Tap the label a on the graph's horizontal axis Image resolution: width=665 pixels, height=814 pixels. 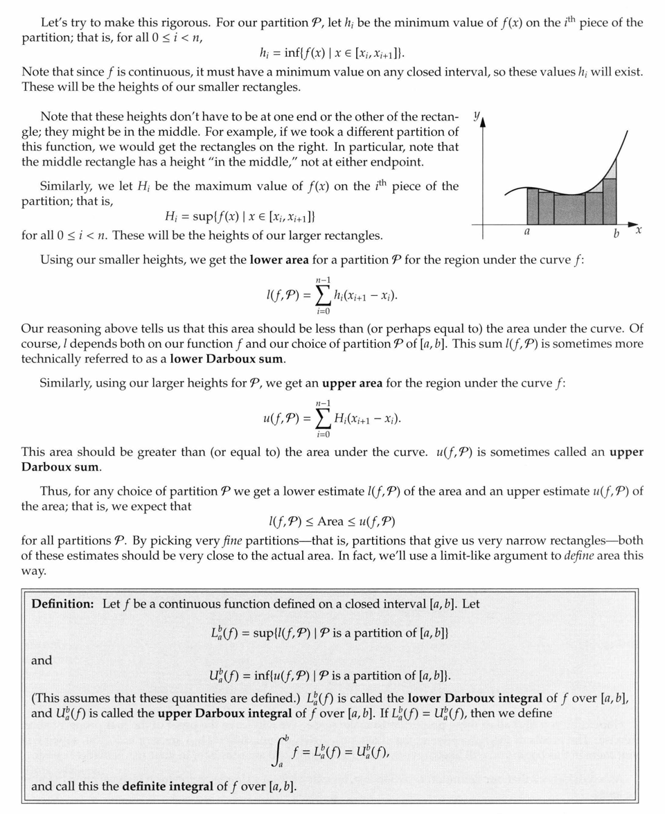coord(527,232)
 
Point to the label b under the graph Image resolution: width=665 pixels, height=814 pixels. coord(616,235)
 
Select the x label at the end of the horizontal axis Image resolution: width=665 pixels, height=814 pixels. coord(639,229)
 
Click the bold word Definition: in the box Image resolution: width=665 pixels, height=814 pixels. coord(62,603)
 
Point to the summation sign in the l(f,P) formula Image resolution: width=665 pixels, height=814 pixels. coord(322,297)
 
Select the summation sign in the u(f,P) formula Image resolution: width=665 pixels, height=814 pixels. coord(323,419)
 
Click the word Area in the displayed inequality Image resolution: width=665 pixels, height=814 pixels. coord(332,520)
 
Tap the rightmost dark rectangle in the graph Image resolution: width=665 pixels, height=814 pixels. coord(610,201)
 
